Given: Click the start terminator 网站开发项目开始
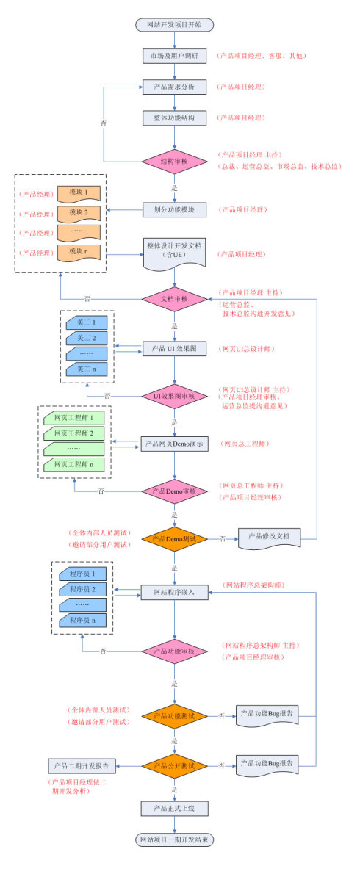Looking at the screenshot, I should pos(174,24).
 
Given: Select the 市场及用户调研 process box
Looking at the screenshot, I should pos(174,56).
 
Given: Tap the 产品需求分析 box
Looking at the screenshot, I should pos(174,87).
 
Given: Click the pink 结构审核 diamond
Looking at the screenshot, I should pos(174,161).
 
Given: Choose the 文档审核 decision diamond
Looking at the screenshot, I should pos(174,299).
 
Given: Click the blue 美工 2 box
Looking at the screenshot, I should pos(87,338).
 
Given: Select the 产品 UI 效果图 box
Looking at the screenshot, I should pos(174,348).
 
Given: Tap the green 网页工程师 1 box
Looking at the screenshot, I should pos(73,417).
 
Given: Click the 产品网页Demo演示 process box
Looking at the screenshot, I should pos(174,444).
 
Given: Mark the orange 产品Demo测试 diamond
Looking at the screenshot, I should pos(174,538).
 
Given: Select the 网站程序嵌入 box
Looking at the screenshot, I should pos(174,591).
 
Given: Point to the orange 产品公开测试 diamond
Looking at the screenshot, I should pos(174,765).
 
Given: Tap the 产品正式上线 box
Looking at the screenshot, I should pos(174,808).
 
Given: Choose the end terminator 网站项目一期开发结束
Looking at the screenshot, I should pos(174,839).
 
